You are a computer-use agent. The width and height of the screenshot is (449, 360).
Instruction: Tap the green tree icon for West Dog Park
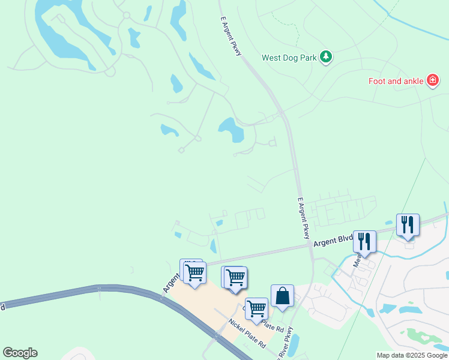tap(326, 57)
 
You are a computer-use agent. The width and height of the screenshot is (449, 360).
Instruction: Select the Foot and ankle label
tap(396, 80)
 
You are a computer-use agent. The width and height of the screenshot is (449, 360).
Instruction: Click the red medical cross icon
tap(432, 80)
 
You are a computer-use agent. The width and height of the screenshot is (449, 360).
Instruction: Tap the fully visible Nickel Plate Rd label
tap(246, 334)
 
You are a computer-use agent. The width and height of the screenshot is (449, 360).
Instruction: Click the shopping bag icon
tap(282, 296)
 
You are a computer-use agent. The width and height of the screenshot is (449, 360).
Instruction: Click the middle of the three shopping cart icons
tap(235, 277)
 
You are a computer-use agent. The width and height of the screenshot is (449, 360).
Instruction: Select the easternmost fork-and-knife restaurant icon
tap(408, 225)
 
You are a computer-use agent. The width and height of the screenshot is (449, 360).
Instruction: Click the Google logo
tap(20, 353)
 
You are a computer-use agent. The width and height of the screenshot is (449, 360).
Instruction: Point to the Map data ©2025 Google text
tap(412, 355)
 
